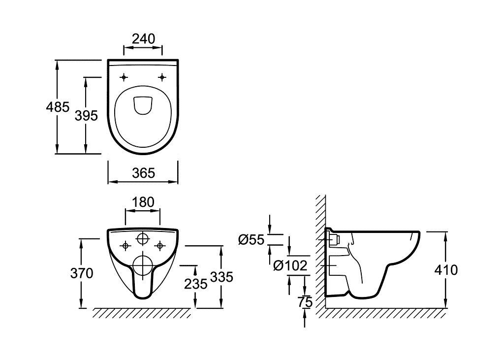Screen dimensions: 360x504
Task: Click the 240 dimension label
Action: point(143,38)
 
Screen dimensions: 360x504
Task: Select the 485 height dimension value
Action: point(58,106)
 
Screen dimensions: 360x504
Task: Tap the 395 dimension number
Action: point(86,115)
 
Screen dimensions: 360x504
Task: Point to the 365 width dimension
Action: point(143,173)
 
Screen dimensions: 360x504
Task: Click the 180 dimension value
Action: point(143,202)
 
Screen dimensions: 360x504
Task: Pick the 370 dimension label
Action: point(82,273)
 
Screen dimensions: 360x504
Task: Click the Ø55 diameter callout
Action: point(251,240)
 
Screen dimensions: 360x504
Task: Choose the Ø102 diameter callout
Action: point(290,266)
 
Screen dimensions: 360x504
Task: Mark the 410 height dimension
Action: point(446,269)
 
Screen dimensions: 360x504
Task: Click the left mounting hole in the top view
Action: point(124,77)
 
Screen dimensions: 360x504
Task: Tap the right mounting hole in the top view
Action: point(162,77)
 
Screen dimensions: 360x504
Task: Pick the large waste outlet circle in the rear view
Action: point(143,266)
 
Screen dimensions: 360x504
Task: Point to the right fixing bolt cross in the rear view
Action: point(159,245)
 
